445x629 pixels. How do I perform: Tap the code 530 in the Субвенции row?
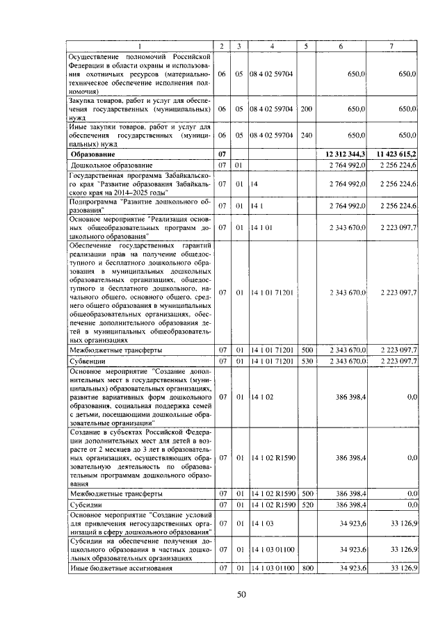[306, 361]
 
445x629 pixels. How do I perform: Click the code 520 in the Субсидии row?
[306, 504]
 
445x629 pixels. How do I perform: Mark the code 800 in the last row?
[306, 569]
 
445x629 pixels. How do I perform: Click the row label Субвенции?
[88, 361]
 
